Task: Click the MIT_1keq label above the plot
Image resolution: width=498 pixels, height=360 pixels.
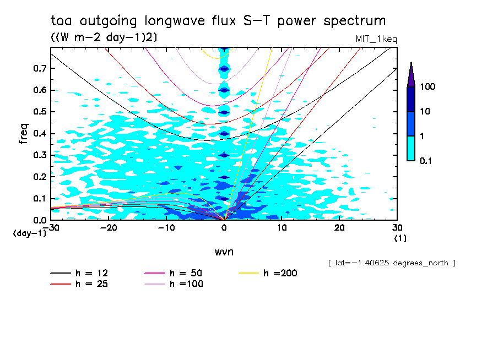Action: pyautogui.click(x=377, y=39)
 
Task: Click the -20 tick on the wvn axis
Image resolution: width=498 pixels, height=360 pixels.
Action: pyautogui.click(x=109, y=228)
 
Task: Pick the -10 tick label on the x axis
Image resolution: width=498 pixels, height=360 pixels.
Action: pyautogui.click(x=166, y=228)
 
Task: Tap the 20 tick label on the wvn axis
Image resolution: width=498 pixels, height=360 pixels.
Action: pyautogui.click(x=339, y=228)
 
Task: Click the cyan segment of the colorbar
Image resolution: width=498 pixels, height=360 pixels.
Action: pyautogui.click(x=411, y=148)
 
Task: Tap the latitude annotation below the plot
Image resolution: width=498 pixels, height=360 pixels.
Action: pyautogui.click(x=392, y=263)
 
